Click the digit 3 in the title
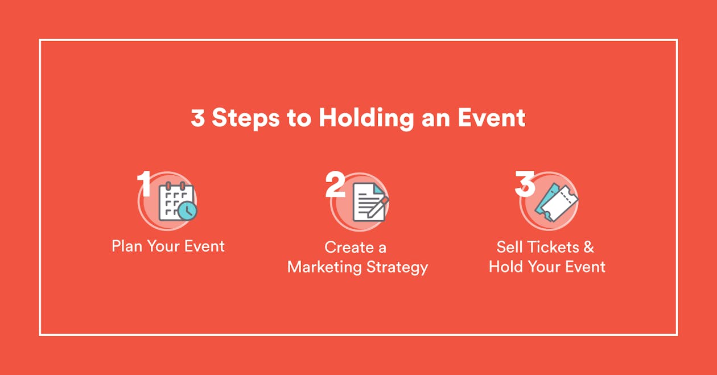point(197,118)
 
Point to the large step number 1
point(145,183)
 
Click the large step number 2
point(335,184)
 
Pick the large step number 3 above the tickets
point(525,184)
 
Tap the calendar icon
point(175,202)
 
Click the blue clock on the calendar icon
point(187,211)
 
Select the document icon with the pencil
point(368,202)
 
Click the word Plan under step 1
point(127,246)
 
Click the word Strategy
point(399,267)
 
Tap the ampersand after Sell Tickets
point(588,247)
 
